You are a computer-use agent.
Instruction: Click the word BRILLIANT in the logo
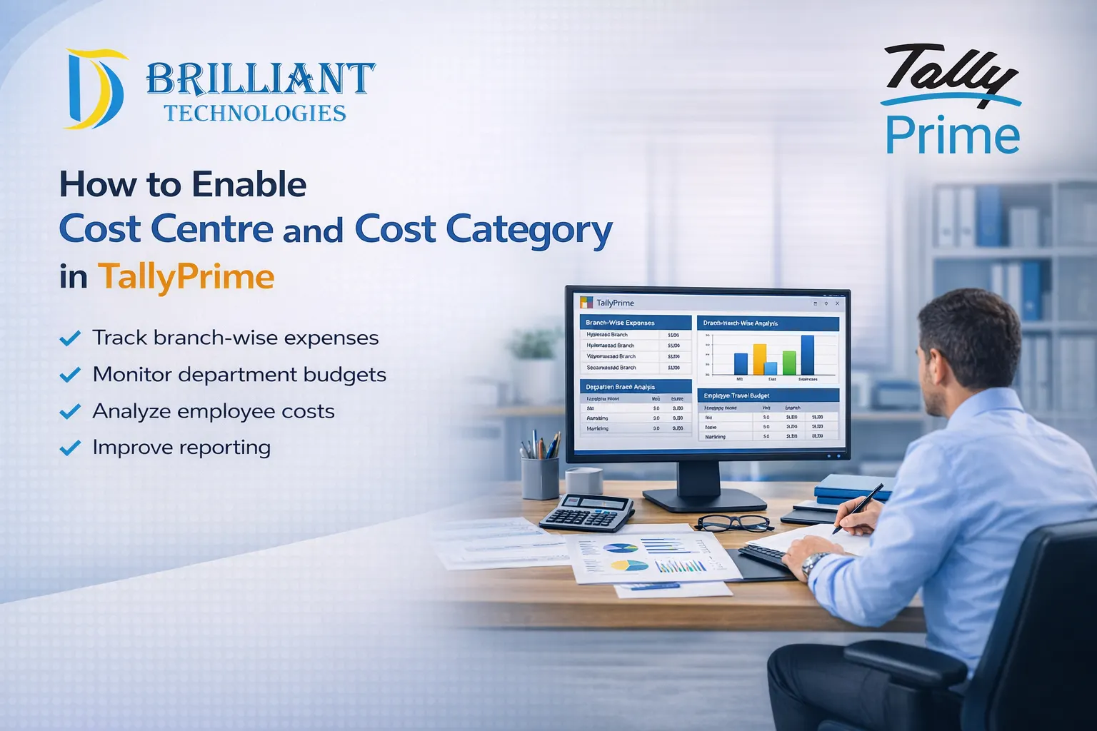click(x=261, y=79)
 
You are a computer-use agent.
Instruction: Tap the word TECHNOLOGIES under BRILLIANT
click(x=255, y=113)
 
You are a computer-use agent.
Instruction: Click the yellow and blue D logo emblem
click(x=95, y=89)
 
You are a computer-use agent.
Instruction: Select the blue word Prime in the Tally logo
click(x=952, y=136)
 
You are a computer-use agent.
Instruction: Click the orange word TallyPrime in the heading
click(x=186, y=276)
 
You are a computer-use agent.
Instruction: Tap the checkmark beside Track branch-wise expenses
click(x=70, y=338)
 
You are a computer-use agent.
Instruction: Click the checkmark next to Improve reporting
click(x=70, y=448)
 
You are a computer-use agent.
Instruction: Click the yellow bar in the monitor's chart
click(x=759, y=359)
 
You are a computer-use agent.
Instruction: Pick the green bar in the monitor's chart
click(x=789, y=363)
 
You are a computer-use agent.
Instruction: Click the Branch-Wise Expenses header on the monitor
click(x=620, y=323)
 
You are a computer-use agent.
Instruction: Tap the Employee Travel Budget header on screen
click(x=736, y=395)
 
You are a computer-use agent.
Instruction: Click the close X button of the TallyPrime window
click(x=837, y=303)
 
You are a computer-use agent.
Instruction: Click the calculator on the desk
click(x=587, y=512)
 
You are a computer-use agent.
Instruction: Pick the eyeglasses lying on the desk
click(x=733, y=523)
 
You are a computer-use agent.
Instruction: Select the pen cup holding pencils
click(x=540, y=477)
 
